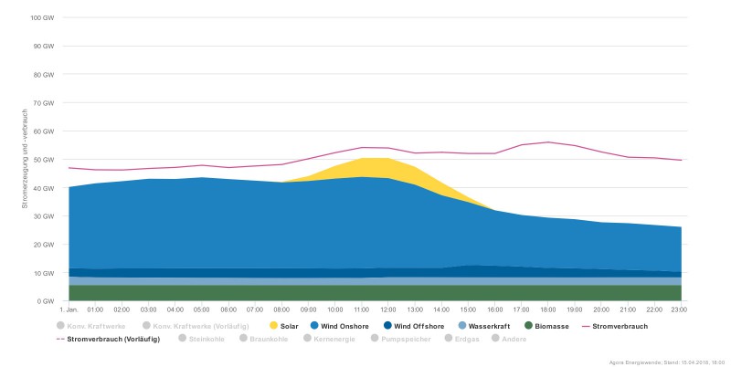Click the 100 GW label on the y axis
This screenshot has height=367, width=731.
(x=42, y=18)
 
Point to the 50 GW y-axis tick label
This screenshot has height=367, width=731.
(x=44, y=160)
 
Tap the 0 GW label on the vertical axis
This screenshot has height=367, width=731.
(x=46, y=301)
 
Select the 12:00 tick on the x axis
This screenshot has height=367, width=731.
(x=388, y=310)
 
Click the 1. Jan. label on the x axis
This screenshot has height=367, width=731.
(x=69, y=310)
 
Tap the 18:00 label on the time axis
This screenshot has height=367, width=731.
(x=548, y=310)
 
